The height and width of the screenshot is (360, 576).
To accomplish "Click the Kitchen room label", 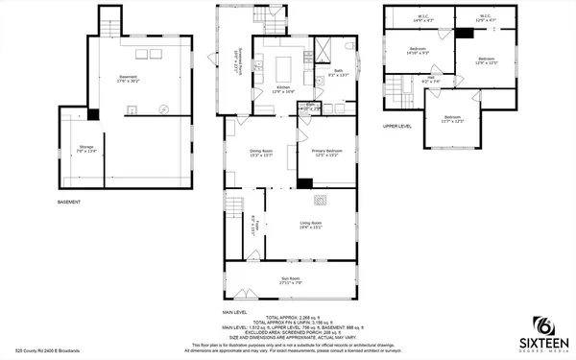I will pos(284,89).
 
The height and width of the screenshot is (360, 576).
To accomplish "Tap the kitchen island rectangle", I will pos(285,67).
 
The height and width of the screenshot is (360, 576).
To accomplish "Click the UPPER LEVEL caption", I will pos(397,126).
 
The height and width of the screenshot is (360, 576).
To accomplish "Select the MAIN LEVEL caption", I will pos(235,313).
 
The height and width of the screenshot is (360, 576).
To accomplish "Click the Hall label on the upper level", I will pos(431,81).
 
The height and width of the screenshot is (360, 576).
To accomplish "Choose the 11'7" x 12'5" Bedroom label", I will pos(453,119).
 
